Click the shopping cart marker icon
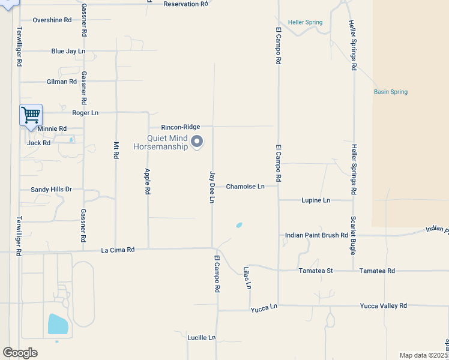tap(30, 114)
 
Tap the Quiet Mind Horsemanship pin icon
tap(197, 142)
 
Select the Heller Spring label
tap(305, 23)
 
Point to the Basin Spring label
tap(390, 92)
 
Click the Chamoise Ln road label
tap(245, 187)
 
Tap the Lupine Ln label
tap(316, 200)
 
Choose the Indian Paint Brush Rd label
tap(316, 235)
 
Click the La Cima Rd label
tap(118, 250)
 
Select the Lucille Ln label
tap(200, 337)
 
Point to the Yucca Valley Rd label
tap(383, 305)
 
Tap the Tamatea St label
tap(316, 271)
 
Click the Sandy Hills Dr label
tap(51, 190)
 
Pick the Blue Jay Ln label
tap(68, 52)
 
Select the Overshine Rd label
tap(52, 20)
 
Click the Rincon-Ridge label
tap(180, 127)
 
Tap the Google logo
tap(20, 352)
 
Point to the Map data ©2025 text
tap(423, 355)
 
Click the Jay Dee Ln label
tap(211, 187)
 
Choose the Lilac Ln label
tap(247, 278)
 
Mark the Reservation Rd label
tap(185, 4)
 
